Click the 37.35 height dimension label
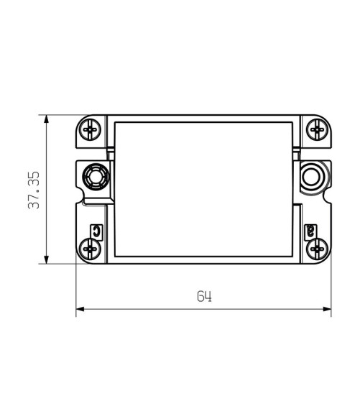click(x=34, y=190)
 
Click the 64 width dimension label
click(x=204, y=296)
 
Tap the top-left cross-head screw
click(x=90, y=129)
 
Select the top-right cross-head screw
click(x=318, y=129)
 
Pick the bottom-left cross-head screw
click(x=90, y=249)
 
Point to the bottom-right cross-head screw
click(x=318, y=249)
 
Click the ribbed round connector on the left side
click(x=96, y=177)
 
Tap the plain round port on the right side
click(x=311, y=177)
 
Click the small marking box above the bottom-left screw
click(x=96, y=231)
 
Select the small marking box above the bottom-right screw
click(x=310, y=231)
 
